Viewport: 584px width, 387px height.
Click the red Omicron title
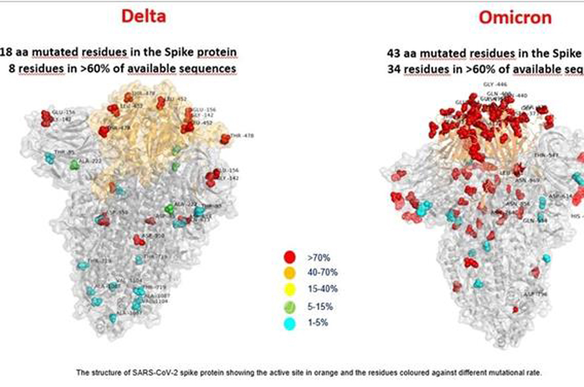pyautogui.click(x=514, y=17)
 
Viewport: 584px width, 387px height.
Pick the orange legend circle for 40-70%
pyautogui.click(x=287, y=272)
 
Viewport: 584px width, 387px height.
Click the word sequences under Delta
pyautogui.click(x=211, y=68)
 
